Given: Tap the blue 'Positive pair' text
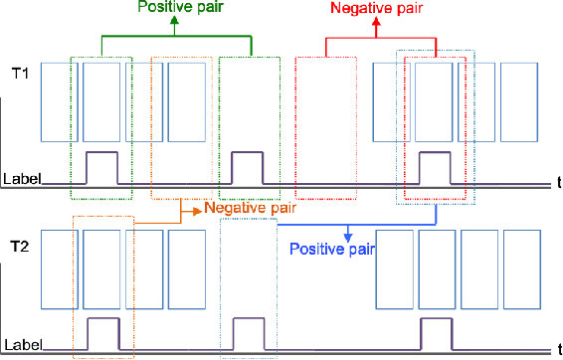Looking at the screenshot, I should click(x=331, y=249).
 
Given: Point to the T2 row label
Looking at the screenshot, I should click(x=17, y=242).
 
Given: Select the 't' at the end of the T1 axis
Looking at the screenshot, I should click(x=558, y=183).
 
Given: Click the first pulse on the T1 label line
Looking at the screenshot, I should click(x=101, y=167).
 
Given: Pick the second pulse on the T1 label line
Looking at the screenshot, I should click(x=247, y=167).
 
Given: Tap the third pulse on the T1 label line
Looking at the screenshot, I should click(x=434, y=167).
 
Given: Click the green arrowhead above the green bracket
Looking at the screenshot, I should click(x=175, y=22).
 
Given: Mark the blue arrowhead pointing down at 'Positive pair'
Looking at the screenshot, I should click(x=348, y=237).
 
